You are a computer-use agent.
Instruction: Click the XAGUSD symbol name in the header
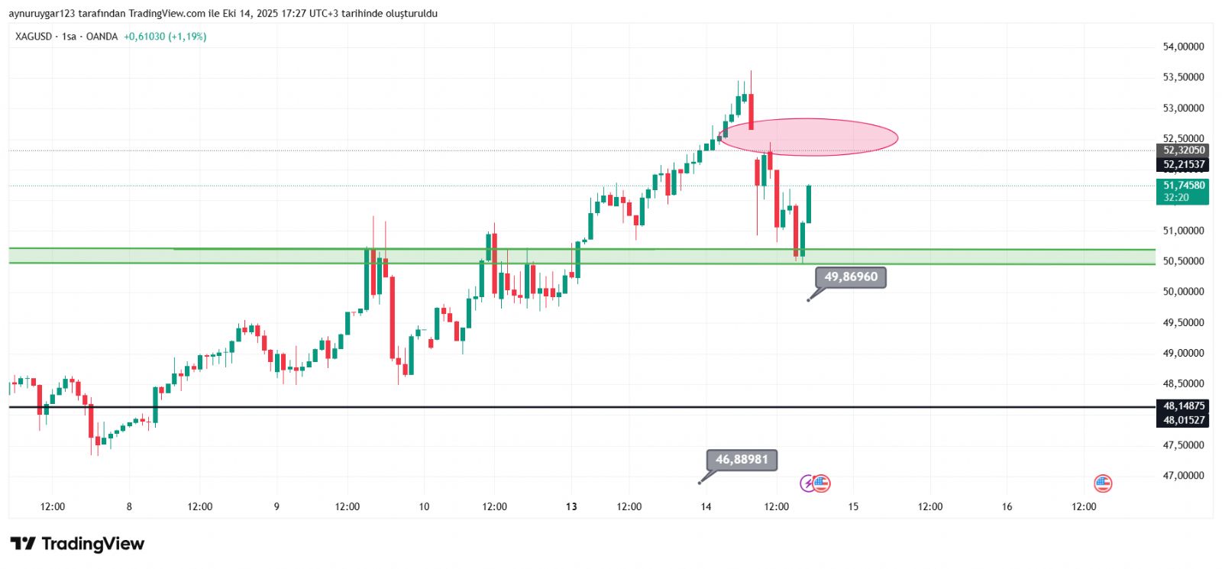pyautogui.click(x=33, y=37)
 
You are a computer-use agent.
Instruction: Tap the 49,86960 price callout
pyautogui.click(x=851, y=276)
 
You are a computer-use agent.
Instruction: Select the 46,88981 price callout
pyautogui.click(x=742, y=460)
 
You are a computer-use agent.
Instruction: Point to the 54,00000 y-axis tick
pyautogui.click(x=1183, y=47)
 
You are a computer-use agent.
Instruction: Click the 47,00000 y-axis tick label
pyautogui.click(x=1183, y=476)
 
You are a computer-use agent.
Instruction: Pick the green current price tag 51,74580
pyautogui.click(x=1183, y=186)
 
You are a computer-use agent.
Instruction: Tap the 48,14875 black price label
pyautogui.click(x=1183, y=406)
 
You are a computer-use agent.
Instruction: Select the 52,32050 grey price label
pyautogui.click(x=1183, y=150)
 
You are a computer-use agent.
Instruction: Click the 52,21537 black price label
pyautogui.click(x=1183, y=165)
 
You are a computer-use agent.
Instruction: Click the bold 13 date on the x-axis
pyautogui.click(x=571, y=506)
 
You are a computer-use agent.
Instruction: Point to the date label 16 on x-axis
pyautogui.click(x=1007, y=506)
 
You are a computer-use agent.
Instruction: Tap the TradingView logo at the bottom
pyautogui.click(x=77, y=544)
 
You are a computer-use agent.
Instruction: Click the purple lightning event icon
pyautogui.click(x=807, y=483)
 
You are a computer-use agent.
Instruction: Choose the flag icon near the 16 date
pyautogui.click(x=1102, y=483)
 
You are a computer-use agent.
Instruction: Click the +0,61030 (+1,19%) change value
pyautogui.click(x=165, y=37)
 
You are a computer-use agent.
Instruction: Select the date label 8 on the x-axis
pyautogui.click(x=129, y=506)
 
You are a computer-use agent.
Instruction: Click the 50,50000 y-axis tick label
pyautogui.click(x=1183, y=261)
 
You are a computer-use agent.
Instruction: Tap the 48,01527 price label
pyautogui.click(x=1183, y=420)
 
